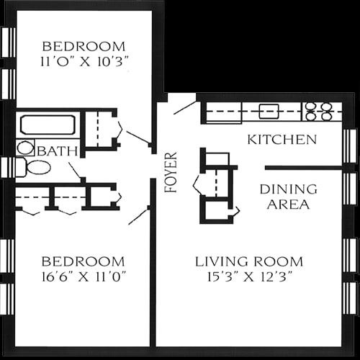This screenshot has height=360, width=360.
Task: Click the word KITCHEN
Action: pyautogui.click(x=282, y=139)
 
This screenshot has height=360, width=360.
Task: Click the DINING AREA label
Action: pyautogui.click(x=288, y=197)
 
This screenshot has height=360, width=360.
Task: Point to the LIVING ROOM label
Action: pyautogui.click(x=249, y=261)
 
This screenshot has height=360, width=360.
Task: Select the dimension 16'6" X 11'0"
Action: pyautogui.click(x=83, y=276)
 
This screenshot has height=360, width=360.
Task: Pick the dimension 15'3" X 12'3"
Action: pyautogui.click(x=249, y=276)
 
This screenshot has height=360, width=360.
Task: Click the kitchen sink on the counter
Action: pyautogui.click(x=269, y=111)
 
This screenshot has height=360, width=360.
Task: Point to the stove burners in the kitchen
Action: pyautogui.click(x=318, y=110)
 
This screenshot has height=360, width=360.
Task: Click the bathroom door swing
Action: pyautogui.click(x=75, y=171)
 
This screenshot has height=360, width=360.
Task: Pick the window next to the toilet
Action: pyautogui.click(x=6, y=168)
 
